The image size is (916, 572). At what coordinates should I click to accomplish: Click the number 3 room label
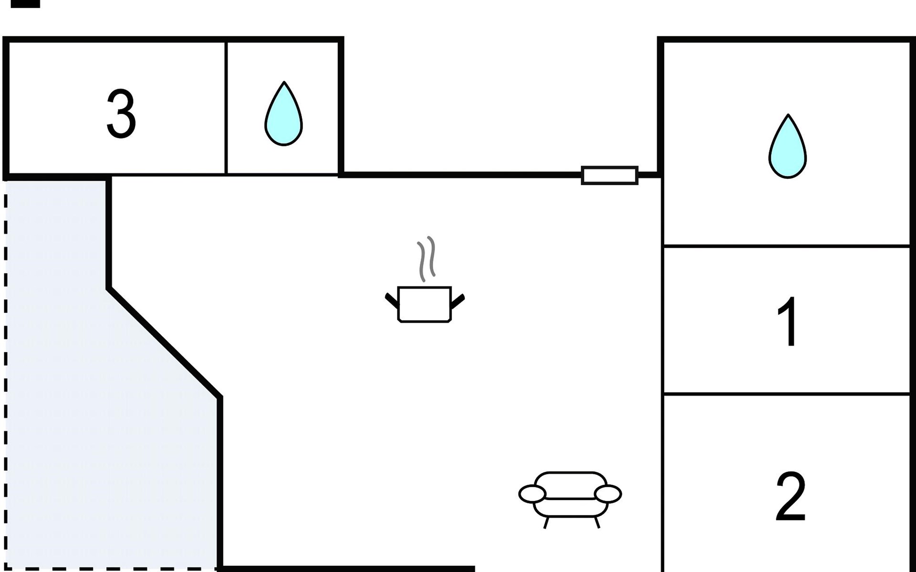(121, 114)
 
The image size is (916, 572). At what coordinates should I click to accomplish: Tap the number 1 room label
(789, 322)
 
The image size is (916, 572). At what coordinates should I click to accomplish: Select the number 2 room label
(791, 497)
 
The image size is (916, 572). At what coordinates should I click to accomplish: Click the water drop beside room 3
(284, 113)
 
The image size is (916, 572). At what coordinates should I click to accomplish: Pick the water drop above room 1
(788, 146)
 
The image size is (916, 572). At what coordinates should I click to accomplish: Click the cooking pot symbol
(425, 305)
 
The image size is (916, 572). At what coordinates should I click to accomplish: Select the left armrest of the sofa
(532, 494)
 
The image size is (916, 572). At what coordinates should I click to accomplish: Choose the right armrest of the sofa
(608, 494)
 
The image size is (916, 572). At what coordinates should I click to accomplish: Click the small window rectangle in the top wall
(610, 175)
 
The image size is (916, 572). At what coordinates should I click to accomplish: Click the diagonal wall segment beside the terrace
(165, 342)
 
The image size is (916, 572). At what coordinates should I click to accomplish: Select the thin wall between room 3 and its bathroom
(226, 108)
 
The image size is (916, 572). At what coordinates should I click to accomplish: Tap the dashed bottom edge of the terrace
(111, 568)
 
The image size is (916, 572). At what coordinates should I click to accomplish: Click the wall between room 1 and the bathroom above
(787, 246)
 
